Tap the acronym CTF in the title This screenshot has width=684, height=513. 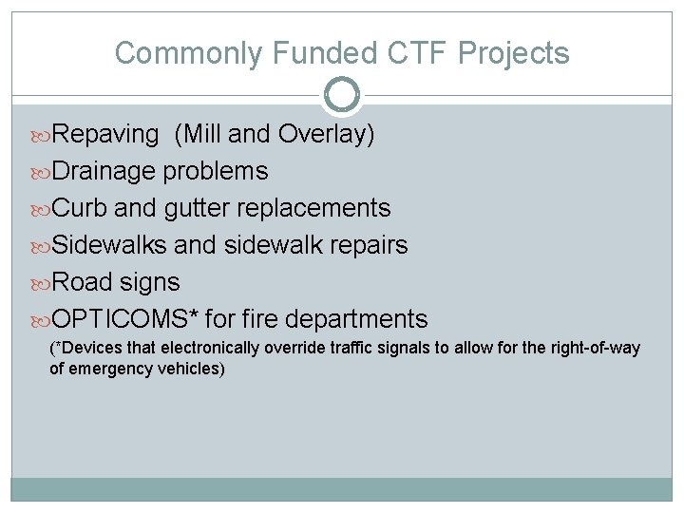pyautogui.click(x=414, y=53)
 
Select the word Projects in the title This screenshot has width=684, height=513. pyautogui.click(x=514, y=53)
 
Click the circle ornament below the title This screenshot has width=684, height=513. pyautogui.click(x=342, y=95)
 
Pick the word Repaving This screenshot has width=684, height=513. pyautogui.click(x=105, y=135)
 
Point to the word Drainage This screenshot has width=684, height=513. pyautogui.click(x=104, y=172)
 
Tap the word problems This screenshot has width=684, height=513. pyautogui.click(x=216, y=172)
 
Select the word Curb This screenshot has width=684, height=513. pyautogui.click(x=80, y=208)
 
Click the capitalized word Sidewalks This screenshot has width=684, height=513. pyautogui.click(x=109, y=245)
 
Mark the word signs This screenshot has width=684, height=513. pyautogui.click(x=151, y=282)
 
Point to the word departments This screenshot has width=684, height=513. pyautogui.click(x=358, y=319)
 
